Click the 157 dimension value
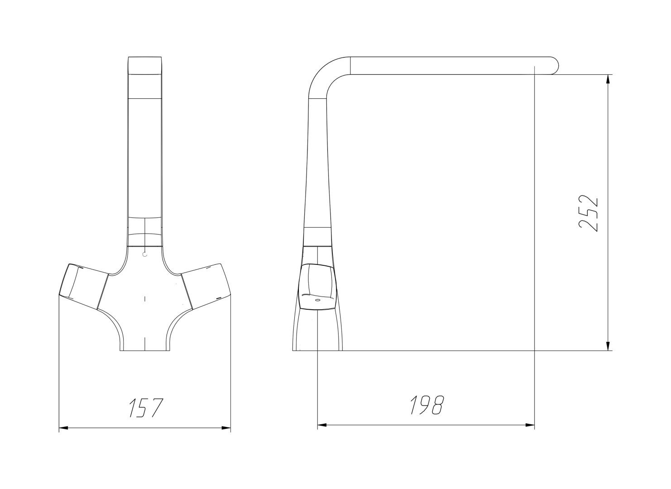146,408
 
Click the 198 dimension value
427,405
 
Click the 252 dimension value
589,214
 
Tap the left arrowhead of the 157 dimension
64,428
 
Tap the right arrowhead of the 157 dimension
226,428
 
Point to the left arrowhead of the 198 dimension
322,425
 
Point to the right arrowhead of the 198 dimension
530,425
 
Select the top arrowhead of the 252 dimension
608,79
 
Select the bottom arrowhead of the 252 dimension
608,345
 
